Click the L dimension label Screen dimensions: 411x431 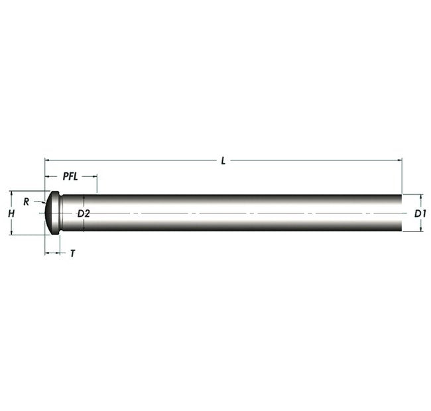point(223,160)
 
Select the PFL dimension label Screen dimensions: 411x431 point(72,177)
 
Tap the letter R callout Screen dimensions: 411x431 point(26,201)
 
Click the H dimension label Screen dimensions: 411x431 point(11,213)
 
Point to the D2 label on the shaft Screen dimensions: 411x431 point(84,213)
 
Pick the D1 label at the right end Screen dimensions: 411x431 point(420,213)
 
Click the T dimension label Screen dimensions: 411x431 point(72,253)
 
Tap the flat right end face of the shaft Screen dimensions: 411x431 point(402,213)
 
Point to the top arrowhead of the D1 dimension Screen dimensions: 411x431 point(420,197)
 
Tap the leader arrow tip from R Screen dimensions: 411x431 point(46,203)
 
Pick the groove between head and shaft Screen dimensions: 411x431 point(61,213)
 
